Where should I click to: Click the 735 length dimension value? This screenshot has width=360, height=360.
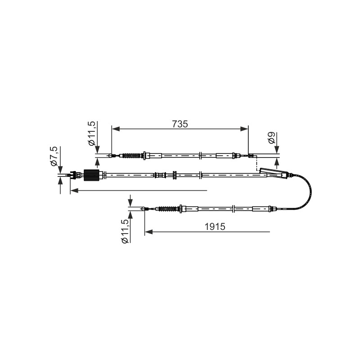point(180,124)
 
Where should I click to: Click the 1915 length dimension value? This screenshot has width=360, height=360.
point(215,227)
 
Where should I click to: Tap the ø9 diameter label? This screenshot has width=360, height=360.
point(272,138)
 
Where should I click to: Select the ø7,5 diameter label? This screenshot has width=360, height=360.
point(54,156)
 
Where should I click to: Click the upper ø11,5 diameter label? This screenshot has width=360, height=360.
point(91,133)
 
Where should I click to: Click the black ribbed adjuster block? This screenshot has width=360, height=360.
point(91,175)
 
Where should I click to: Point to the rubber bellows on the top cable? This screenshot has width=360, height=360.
point(132,156)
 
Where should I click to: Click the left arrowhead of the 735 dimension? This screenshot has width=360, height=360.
point(116,129)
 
